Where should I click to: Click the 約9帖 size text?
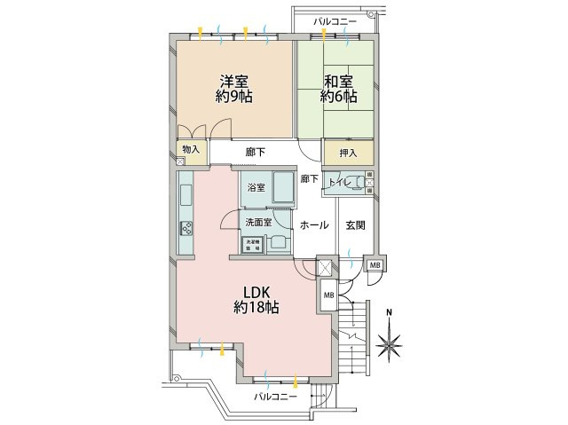pyautogui.click(x=233, y=97)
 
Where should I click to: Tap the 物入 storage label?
pyautogui.click(x=190, y=151)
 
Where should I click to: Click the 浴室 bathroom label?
pyautogui.click(x=255, y=188)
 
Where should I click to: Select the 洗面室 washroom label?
pyautogui.click(x=258, y=222)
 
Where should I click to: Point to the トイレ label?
pyautogui.click(x=339, y=183)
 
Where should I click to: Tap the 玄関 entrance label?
pyautogui.click(x=356, y=224)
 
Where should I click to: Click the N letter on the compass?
pyautogui.click(x=390, y=312)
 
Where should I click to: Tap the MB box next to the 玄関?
pyautogui.click(x=374, y=265)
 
